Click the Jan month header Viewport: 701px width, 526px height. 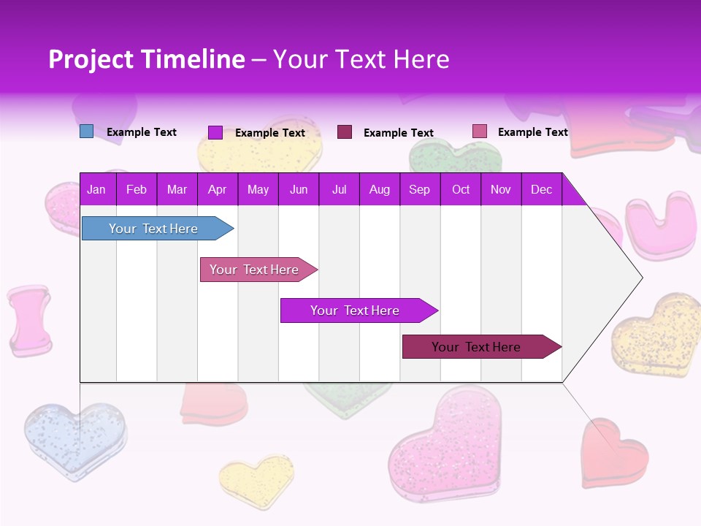96,189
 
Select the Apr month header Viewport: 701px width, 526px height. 217,189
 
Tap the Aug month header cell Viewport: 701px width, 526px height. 379,189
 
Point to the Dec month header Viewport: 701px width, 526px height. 541,189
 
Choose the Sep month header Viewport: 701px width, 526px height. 419,189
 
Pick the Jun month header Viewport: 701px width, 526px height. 298,189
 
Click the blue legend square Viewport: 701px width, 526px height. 86,131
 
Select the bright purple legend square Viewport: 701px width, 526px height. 215,132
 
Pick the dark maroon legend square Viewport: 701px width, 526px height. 345,131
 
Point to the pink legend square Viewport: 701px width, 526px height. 480,131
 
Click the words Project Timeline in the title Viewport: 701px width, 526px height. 146,59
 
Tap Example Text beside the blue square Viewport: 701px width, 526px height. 142,132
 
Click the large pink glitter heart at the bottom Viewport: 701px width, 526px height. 445,446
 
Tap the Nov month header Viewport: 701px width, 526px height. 500,189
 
